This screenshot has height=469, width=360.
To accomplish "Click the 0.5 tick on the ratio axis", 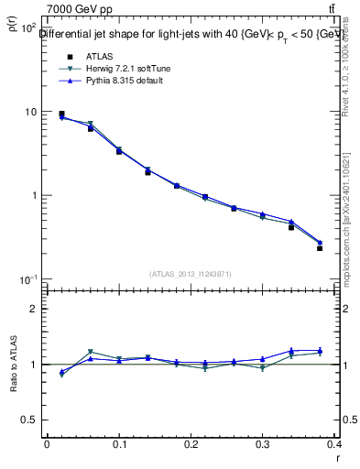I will [x=30, y=420].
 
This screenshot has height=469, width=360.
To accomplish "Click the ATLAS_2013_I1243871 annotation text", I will [x=191, y=274].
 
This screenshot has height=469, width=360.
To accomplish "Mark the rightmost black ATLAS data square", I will [x=320, y=248].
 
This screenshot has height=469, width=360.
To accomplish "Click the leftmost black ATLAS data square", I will [x=61, y=115].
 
